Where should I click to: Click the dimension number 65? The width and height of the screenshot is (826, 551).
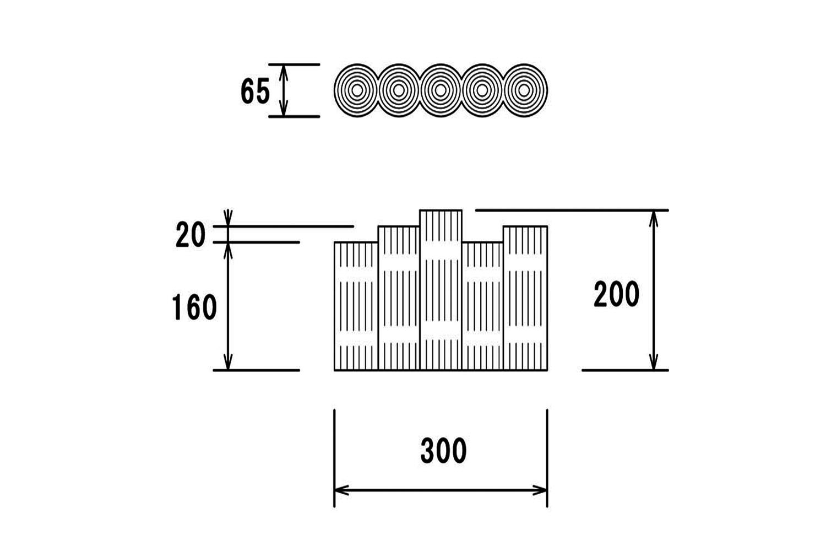[255, 91]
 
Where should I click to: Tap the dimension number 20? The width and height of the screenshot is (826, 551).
[191, 235]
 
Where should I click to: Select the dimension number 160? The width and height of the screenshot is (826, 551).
[194, 307]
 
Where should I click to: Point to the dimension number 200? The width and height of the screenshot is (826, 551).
[616, 294]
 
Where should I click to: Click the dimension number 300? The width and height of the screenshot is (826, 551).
[444, 451]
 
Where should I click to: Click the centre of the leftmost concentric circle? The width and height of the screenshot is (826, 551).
[357, 90]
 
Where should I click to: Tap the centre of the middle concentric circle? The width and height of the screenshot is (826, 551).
[441, 90]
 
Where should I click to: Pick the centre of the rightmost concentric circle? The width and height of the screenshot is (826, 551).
[524, 90]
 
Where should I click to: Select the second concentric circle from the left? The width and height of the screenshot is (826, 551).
[399, 90]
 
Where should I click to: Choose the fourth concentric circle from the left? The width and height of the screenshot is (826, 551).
[482, 90]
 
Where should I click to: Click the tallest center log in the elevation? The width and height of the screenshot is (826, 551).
[441, 290]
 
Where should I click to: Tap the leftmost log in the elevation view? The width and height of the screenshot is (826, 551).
[356, 306]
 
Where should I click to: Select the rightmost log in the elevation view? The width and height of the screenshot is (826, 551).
[525, 298]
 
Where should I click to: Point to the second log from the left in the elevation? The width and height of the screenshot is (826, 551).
[399, 298]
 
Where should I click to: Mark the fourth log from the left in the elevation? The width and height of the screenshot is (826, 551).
[482, 306]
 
